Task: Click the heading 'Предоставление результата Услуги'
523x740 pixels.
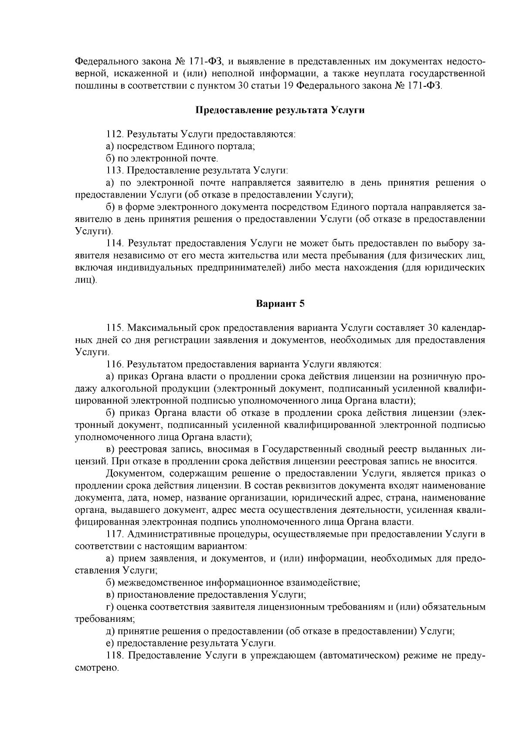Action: (279, 110)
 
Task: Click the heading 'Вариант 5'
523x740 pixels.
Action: (279, 304)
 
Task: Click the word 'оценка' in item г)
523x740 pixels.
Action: (129, 607)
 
